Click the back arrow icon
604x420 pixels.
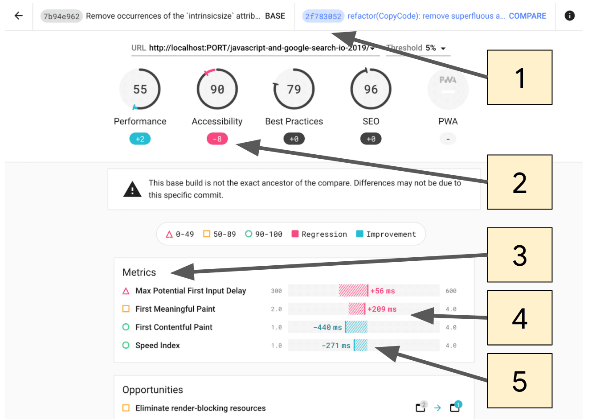coord(18,16)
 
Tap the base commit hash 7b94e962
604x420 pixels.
coord(61,16)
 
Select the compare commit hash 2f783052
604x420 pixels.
coord(323,16)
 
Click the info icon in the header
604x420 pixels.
coord(569,16)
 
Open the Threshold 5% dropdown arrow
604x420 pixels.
coord(443,49)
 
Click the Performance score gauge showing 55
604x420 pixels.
coord(140,89)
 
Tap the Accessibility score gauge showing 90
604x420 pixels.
coord(217,89)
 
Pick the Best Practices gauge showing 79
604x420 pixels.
coord(294,89)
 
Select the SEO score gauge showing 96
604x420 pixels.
coord(371,89)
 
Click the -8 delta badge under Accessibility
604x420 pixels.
coord(217,139)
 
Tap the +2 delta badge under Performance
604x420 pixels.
coord(140,139)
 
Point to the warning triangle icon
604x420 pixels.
coord(132,189)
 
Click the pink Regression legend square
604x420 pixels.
coord(295,234)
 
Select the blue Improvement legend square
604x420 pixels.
coord(360,234)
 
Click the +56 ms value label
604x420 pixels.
coord(383,291)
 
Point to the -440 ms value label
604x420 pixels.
coord(327,328)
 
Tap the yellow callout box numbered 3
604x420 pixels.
coord(519,255)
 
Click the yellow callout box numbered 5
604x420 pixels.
coord(519,381)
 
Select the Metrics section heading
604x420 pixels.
coord(139,272)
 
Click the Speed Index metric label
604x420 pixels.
coord(158,346)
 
